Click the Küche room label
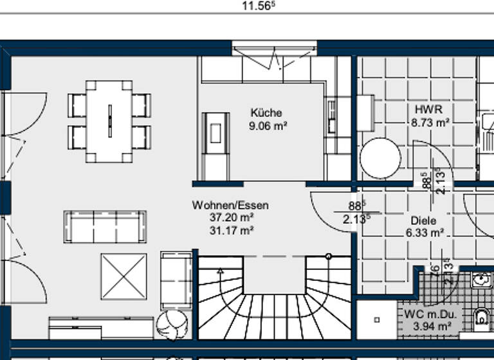click(x=266, y=113)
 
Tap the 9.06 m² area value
click(x=267, y=126)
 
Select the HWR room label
click(x=428, y=109)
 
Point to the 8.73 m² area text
click(x=430, y=122)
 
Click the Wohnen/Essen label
click(x=230, y=206)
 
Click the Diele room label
click(x=423, y=221)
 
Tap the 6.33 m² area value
click(x=425, y=233)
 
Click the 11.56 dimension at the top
click(x=258, y=6)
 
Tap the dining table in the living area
click(x=109, y=122)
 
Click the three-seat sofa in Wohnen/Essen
click(x=105, y=226)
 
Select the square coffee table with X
click(x=123, y=276)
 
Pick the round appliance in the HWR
click(x=380, y=159)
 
